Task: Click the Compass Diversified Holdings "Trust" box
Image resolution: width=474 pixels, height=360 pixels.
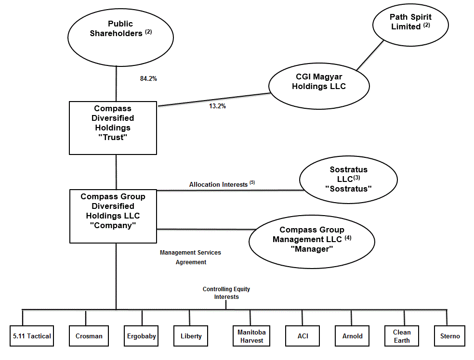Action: pos(113,128)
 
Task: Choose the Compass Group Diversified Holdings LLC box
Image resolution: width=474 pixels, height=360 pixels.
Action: pos(113,216)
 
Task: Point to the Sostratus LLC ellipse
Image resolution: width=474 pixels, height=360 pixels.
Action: pos(348,179)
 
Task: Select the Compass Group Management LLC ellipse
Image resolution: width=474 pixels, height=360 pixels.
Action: pos(312,239)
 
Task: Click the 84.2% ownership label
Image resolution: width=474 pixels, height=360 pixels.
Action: pos(148,78)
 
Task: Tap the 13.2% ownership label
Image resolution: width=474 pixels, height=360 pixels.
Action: pos(217,106)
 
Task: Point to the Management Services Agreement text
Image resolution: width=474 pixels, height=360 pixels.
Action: pos(190,257)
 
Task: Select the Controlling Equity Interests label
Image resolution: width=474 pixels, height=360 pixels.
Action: pos(226,293)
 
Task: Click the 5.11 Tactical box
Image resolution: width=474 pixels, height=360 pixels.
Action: pos(32,336)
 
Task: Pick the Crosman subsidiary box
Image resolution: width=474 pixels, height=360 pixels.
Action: pos(89,336)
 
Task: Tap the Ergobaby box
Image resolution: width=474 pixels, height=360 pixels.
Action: pos(141,336)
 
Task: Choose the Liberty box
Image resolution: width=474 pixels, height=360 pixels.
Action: pos(191,336)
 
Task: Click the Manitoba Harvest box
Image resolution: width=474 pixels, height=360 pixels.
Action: pos(251,336)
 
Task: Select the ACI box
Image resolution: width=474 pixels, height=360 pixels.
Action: pos(303,336)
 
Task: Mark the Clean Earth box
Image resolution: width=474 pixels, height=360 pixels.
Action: pos(402,336)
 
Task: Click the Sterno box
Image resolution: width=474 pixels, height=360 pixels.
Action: pos(450,336)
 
